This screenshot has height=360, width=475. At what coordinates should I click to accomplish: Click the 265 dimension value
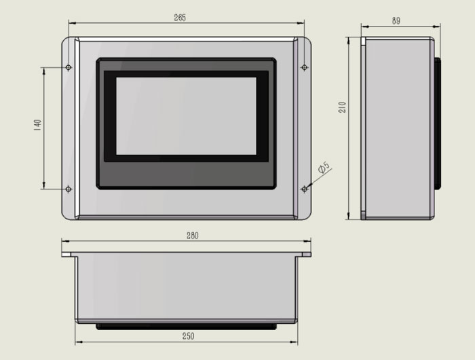tap(180, 18)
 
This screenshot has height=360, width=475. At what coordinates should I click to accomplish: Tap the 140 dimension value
tap(38, 125)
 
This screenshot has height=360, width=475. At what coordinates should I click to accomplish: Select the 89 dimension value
tap(396, 21)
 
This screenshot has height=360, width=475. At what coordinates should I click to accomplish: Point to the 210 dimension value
tap(342, 107)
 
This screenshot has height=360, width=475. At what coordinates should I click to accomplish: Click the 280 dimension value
tap(192, 236)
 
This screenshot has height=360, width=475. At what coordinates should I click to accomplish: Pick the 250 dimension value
tap(188, 336)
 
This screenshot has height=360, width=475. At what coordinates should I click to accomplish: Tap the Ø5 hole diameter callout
tap(324, 167)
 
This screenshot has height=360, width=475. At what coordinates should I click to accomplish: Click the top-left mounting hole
tap(69, 67)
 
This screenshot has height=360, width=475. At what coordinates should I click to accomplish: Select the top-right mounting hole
tap(305, 67)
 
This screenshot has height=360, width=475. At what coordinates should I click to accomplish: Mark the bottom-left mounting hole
tap(69, 190)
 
